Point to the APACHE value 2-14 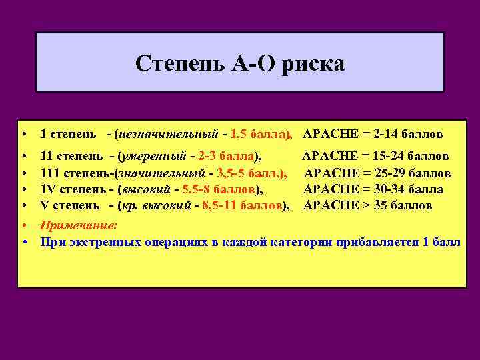389,134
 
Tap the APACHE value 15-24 392,157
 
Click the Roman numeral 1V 48,189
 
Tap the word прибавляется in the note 377,241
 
